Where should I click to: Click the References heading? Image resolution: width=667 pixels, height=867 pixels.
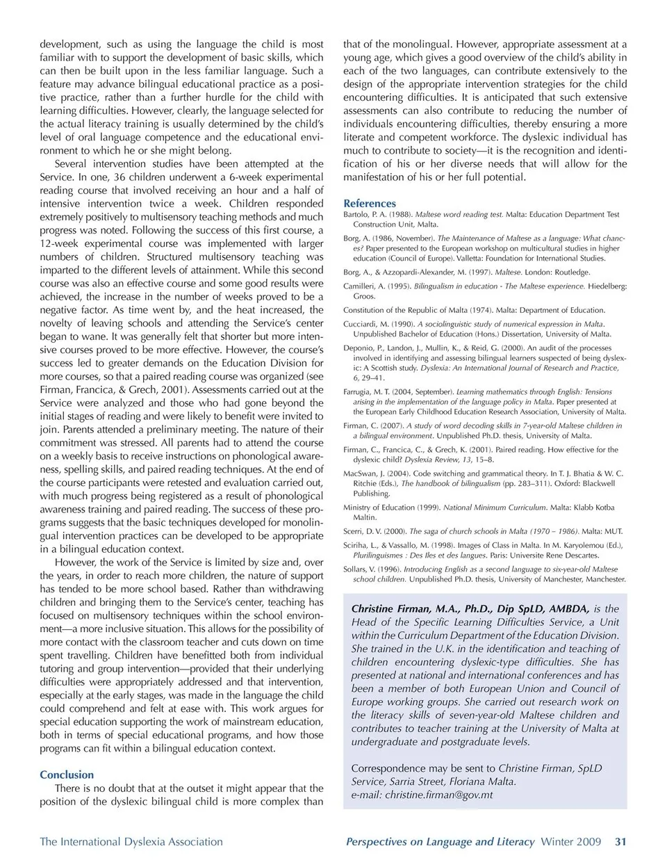click(370, 204)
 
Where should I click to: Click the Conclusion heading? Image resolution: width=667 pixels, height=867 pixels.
click(67, 775)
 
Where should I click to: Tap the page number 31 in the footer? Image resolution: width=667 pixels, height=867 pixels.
click(620, 842)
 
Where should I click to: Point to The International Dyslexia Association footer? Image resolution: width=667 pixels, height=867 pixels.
click(131, 842)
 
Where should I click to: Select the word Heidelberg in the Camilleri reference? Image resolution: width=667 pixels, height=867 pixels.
click(607, 286)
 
